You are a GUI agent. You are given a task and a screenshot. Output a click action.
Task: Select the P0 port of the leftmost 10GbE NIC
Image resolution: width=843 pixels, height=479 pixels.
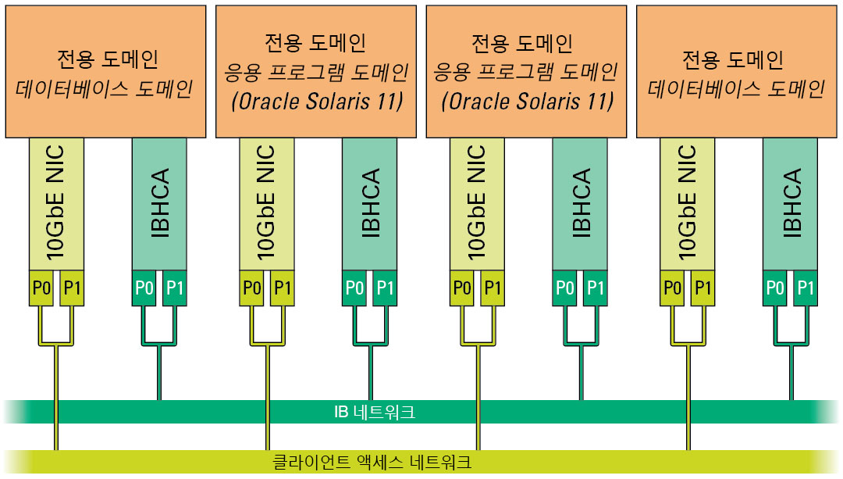click(x=41, y=288)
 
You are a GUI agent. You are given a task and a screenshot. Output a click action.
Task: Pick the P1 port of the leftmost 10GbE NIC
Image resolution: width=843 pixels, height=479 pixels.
click(x=72, y=288)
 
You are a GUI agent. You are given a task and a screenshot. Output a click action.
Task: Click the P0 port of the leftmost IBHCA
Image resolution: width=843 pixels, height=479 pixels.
click(x=145, y=288)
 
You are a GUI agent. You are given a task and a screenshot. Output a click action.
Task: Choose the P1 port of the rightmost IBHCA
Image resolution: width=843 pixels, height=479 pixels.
click(x=806, y=288)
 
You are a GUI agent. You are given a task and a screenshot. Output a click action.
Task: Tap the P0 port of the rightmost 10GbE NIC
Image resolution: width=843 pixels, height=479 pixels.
click(x=672, y=288)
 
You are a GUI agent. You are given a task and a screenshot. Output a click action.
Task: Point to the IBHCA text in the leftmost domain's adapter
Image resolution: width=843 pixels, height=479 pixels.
click(x=160, y=203)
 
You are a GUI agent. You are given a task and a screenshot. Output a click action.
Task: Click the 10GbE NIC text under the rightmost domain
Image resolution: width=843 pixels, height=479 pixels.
click(x=687, y=203)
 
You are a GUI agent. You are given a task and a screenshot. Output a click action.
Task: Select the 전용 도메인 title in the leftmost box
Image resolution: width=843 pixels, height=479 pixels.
click(x=108, y=59)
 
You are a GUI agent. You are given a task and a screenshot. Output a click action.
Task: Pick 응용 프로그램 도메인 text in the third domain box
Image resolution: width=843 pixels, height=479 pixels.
click(x=525, y=73)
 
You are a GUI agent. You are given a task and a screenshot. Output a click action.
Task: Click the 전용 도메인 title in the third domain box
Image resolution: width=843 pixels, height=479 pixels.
click(x=525, y=42)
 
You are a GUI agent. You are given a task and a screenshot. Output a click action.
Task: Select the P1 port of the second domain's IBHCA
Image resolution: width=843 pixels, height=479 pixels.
click(x=386, y=288)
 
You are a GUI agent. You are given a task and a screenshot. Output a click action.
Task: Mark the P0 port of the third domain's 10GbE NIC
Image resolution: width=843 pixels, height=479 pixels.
click(x=462, y=288)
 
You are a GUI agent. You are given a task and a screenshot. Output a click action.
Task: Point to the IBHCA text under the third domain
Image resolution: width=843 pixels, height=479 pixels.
click(x=580, y=203)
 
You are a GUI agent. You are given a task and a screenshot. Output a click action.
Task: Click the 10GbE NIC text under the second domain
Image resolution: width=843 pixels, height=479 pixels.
click(x=266, y=203)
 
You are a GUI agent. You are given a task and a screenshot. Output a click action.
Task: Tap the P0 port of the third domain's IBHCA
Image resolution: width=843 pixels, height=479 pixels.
click(x=565, y=288)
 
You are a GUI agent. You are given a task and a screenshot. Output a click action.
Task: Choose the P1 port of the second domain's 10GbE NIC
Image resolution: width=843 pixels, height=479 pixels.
click(x=282, y=288)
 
